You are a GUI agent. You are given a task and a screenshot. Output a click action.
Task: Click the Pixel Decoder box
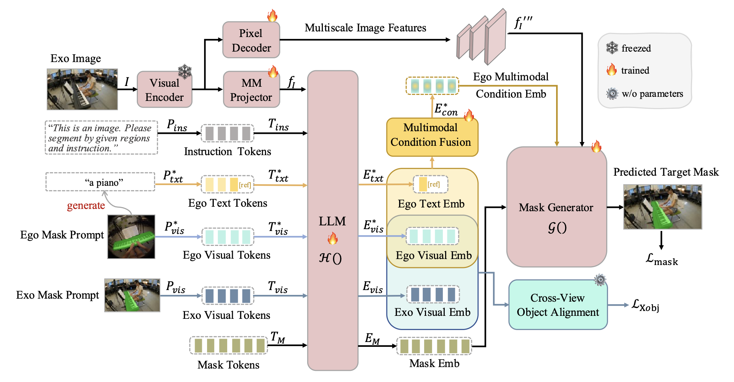251,40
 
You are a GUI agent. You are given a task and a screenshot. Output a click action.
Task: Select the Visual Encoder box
164,90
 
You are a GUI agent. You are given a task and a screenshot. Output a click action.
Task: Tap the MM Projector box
251,90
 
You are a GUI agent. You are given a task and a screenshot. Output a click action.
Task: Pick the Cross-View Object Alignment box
558,305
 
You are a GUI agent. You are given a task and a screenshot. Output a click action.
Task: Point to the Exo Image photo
82,89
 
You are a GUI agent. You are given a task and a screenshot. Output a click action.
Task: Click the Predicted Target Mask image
663,207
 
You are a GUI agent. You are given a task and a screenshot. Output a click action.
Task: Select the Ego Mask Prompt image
131,237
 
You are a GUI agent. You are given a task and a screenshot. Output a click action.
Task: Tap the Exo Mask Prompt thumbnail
132,295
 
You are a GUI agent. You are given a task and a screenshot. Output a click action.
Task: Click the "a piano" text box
100,182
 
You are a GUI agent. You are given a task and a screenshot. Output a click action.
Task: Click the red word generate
86,206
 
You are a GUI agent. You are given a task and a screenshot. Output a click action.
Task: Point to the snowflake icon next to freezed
612,48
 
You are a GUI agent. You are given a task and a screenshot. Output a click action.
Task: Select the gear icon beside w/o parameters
612,93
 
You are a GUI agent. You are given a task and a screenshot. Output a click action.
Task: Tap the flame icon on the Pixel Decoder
272,16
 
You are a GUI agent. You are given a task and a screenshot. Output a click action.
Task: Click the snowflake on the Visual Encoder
185,71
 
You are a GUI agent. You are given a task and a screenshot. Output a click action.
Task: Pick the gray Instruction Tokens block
228,133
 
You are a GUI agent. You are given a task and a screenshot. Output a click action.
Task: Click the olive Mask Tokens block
228,345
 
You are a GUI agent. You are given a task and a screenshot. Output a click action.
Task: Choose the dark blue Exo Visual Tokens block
228,296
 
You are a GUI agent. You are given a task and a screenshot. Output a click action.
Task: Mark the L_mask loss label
661,259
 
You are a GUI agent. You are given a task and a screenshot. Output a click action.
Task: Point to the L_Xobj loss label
645,306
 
